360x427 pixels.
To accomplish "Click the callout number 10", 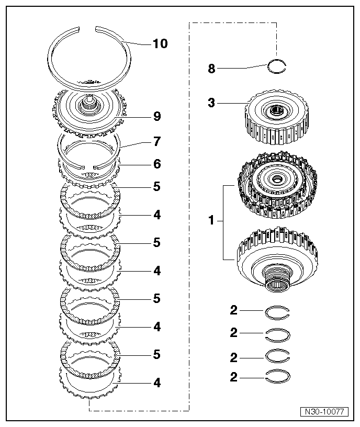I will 160,43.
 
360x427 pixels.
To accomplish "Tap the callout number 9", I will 156,117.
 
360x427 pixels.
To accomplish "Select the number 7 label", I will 156,141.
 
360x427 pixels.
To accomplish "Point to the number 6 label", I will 156,164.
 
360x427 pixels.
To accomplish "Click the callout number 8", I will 211,69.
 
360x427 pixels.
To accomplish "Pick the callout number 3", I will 211,103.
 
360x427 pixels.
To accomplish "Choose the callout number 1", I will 211,221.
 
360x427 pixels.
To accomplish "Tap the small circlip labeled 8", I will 277,66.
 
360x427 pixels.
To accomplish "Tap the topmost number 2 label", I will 233,311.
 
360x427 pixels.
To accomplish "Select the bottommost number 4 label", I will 156,383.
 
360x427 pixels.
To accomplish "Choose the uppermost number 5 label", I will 156,187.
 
